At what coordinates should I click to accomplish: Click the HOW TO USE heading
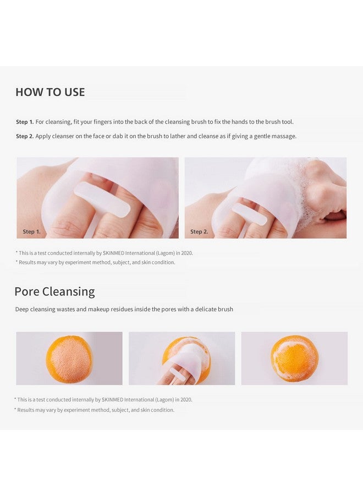pyautogui.click(x=50, y=92)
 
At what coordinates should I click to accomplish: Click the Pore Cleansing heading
pyautogui.click(x=54, y=292)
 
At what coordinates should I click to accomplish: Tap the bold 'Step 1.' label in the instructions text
pyautogui.click(x=25, y=122)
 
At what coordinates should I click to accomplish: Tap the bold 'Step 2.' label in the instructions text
pyautogui.click(x=25, y=136)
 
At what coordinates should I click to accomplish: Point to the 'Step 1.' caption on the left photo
pyautogui.click(x=31, y=231)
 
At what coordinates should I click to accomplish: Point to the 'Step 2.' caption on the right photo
pyautogui.click(x=199, y=231)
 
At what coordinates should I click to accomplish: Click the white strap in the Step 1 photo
pyautogui.click(x=102, y=200)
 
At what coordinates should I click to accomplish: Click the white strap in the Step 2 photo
pyautogui.click(x=249, y=214)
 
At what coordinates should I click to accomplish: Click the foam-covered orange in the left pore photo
pyautogui.click(x=69, y=359)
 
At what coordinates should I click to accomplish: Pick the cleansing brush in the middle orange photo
pyautogui.click(x=184, y=361)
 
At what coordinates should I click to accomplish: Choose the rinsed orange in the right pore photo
pyautogui.click(x=294, y=359)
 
